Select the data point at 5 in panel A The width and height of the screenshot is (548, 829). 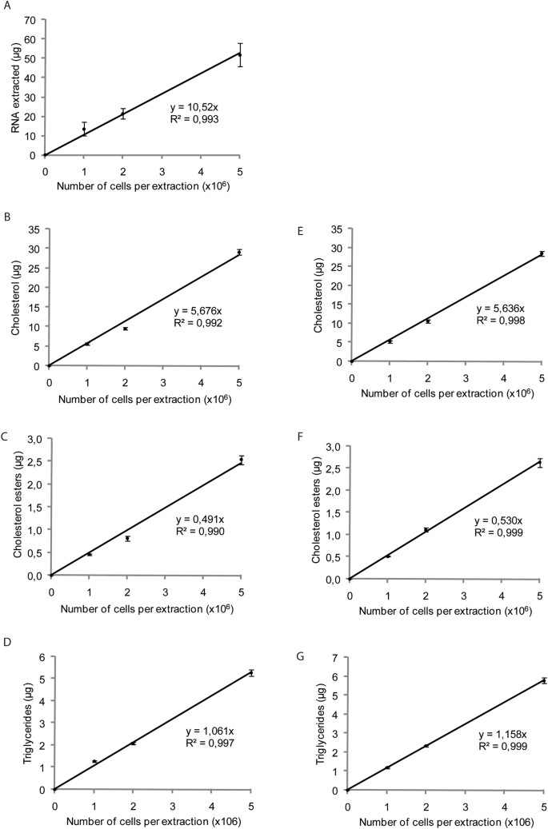[240, 54]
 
